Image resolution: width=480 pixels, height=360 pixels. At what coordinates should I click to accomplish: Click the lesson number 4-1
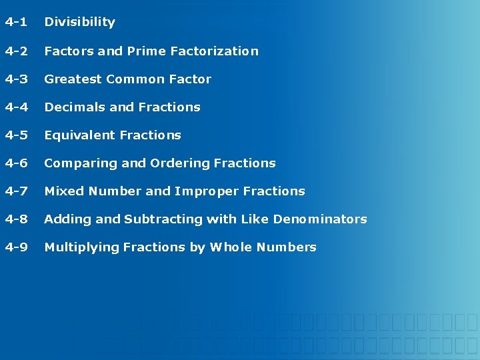tap(16, 22)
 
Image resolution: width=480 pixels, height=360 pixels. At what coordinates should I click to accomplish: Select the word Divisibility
tap(79, 22)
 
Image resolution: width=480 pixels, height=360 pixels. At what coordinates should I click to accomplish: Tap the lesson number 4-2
tap(16, 51)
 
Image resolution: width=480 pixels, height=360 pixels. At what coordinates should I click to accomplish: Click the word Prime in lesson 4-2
tap(146, 51)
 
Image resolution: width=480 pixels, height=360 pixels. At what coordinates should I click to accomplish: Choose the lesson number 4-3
tap(16, 79)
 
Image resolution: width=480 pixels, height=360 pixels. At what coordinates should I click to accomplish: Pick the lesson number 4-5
tap(16, 135)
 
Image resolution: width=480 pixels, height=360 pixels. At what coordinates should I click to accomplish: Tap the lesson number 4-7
tap(16, 191)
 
